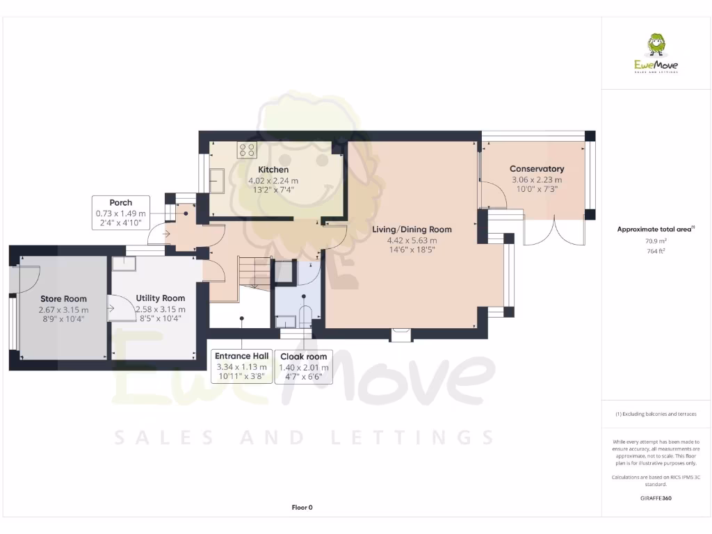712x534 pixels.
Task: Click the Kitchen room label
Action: point(273,170)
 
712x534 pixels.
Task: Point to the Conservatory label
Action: point(536,169)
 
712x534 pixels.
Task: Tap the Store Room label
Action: point(63,299)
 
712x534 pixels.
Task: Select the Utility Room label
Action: point(160,298)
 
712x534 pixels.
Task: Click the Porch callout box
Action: point(121,213)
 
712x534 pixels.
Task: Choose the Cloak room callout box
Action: point(303,366)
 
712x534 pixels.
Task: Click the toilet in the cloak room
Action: point(305,311)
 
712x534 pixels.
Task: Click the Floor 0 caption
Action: point(302,508)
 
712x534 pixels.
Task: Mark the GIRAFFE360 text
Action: point(656,498)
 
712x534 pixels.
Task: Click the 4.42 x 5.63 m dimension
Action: point(412,241)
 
